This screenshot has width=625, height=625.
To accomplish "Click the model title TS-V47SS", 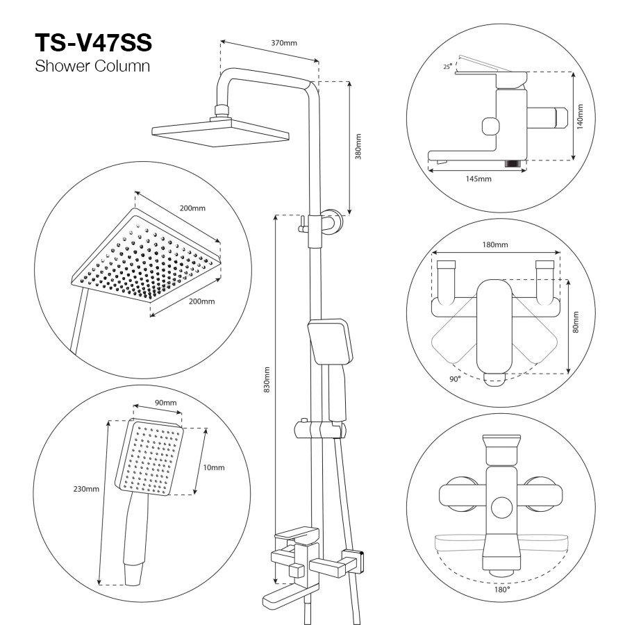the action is tap(94, 42).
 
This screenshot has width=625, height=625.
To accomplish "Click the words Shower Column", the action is tap(92, 66).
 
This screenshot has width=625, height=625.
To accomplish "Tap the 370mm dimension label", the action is tap(284, 43).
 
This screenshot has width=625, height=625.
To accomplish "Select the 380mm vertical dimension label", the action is tap(358, 147).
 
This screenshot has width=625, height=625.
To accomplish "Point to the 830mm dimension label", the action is tap(267, 379).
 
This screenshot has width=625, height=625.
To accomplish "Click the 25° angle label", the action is tap(448, 66).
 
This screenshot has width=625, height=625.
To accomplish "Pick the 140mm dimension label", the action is tap(580, 117).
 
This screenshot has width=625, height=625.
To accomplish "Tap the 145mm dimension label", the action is tap(478, 179).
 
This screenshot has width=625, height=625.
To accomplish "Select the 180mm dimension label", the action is tap(495, 244).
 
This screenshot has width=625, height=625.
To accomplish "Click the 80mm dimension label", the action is tap(575, 322).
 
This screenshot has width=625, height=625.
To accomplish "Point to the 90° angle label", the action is tap(455, 379).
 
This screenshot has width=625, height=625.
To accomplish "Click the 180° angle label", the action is tap(502, 590).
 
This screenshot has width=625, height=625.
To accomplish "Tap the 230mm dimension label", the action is tap(86, 489).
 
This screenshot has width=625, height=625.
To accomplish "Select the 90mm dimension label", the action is tap(166, 403).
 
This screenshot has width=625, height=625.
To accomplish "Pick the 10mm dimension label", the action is tap(214, 467).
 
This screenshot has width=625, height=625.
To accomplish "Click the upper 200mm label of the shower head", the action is tap(192, 208).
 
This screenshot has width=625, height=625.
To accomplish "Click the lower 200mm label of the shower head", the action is tap(201, 301).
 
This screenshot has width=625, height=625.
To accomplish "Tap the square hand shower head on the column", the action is tap(331, 341).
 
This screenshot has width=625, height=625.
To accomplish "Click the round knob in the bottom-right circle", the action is tap(501, 508).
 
